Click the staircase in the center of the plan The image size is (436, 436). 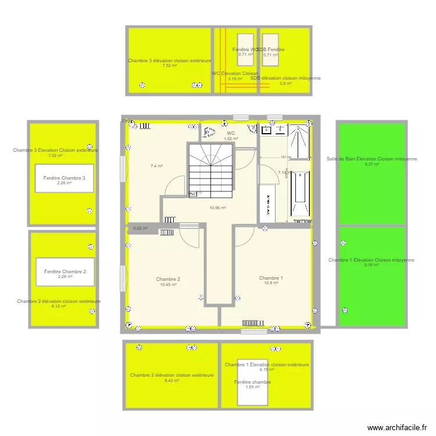click(210, 170)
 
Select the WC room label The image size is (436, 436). click(231, 133)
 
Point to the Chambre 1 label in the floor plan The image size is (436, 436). click(271, 278)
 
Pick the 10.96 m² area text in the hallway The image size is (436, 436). click(217, 208)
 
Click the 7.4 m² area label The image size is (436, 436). click(156, 166)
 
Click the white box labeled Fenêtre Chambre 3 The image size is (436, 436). click(64, 180)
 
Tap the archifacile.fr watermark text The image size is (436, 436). click(401, 427)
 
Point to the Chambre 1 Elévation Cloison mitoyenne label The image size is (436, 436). click(371, 260)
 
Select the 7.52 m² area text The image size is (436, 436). click(170, 66)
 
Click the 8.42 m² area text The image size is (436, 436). click(171, 381)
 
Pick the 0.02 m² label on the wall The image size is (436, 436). click(140, 228)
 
